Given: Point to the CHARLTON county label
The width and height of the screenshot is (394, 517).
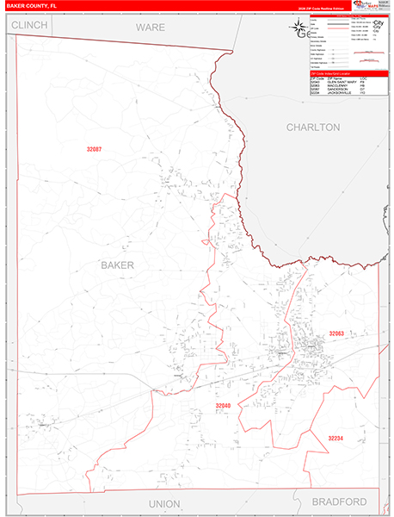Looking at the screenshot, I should coord(312,127).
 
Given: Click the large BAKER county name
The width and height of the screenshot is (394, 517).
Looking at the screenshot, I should coord(117,265).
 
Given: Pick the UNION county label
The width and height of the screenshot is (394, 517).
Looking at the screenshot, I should coord(164,503).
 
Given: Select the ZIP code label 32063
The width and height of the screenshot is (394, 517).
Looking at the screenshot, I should coord(336,333).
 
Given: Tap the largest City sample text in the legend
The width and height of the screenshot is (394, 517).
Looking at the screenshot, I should coord(378,23).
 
